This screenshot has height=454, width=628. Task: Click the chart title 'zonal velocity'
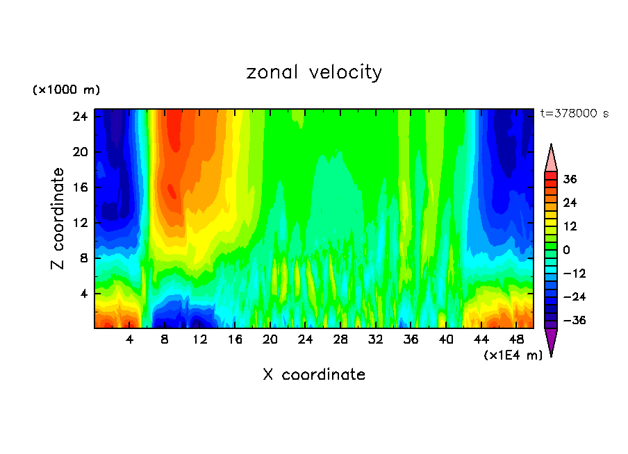tap(314, 72)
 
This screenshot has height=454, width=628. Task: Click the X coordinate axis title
tap(314, 375)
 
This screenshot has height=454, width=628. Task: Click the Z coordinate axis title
tap(58, 219)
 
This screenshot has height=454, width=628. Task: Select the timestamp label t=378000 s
tap(575, 113)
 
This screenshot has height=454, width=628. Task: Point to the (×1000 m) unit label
tap(66, 90)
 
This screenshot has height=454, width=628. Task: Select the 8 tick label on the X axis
tap(165, 340)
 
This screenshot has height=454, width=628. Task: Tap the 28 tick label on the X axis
tap(340, 340)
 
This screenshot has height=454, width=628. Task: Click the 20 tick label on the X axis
tap(270, 340)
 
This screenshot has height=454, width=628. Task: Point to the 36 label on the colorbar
tap(570, 179)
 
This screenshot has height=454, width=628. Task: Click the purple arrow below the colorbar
tap(551, 342)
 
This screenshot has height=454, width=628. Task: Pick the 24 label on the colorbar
tap(570, 203)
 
